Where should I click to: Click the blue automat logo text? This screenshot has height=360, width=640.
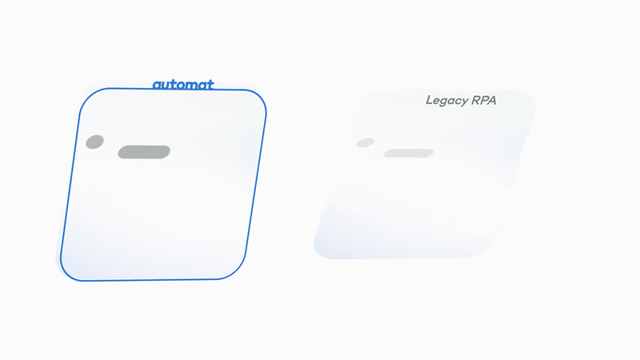[183, 84]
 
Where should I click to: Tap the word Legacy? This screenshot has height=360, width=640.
[449, 101]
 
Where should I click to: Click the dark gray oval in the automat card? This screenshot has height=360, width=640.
[94, 142]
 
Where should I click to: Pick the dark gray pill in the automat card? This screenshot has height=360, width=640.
[144, 151]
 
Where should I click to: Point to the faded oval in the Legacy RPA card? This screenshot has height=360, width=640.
[365, 142]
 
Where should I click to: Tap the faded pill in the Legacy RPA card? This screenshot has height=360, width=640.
[408, 153]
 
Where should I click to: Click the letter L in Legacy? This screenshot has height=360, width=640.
[430, 101]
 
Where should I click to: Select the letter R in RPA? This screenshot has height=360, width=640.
[476, 101]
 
